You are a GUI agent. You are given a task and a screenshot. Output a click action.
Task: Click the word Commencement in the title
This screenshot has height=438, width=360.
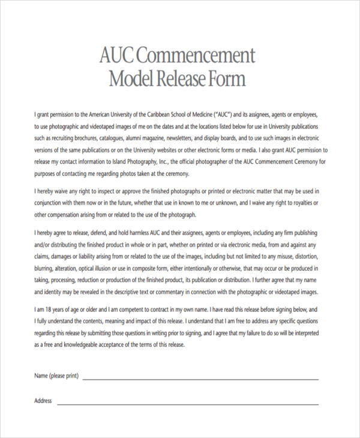point(196,56)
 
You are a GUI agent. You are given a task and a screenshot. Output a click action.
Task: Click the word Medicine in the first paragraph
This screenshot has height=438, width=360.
point(207,114)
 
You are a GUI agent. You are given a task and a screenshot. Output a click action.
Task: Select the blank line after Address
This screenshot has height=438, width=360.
point(187,403)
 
